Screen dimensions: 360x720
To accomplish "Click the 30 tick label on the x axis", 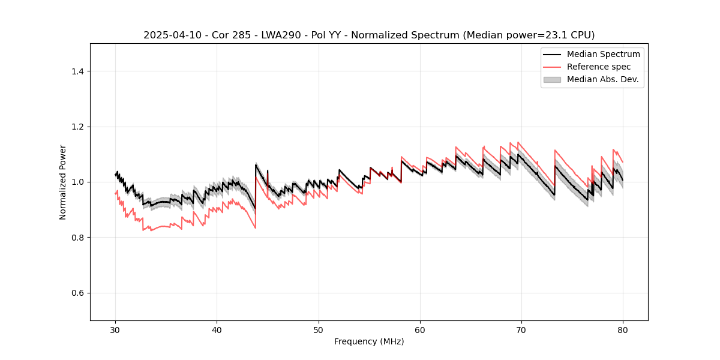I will pos(115,330).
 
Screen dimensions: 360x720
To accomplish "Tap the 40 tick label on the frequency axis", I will pos(217,330).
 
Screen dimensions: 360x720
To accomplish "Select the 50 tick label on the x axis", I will pos(319,330).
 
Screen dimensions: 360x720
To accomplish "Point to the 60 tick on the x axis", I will pos(420,330).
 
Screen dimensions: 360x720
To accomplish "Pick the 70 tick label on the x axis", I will pos(521,330).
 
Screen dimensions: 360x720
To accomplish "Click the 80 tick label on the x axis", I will pos(623,330).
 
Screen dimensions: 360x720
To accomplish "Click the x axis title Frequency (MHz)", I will pos(369,341).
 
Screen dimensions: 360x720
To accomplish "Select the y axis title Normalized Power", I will pos(63,182).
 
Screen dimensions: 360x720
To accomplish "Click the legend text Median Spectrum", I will pos(603,54).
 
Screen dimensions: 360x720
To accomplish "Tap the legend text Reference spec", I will pos(599,67).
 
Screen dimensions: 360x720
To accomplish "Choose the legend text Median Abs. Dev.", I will pos(603,79).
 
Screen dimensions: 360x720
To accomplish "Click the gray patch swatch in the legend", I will pos(552,79).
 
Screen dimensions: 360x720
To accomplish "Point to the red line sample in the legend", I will pos(552,67).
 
